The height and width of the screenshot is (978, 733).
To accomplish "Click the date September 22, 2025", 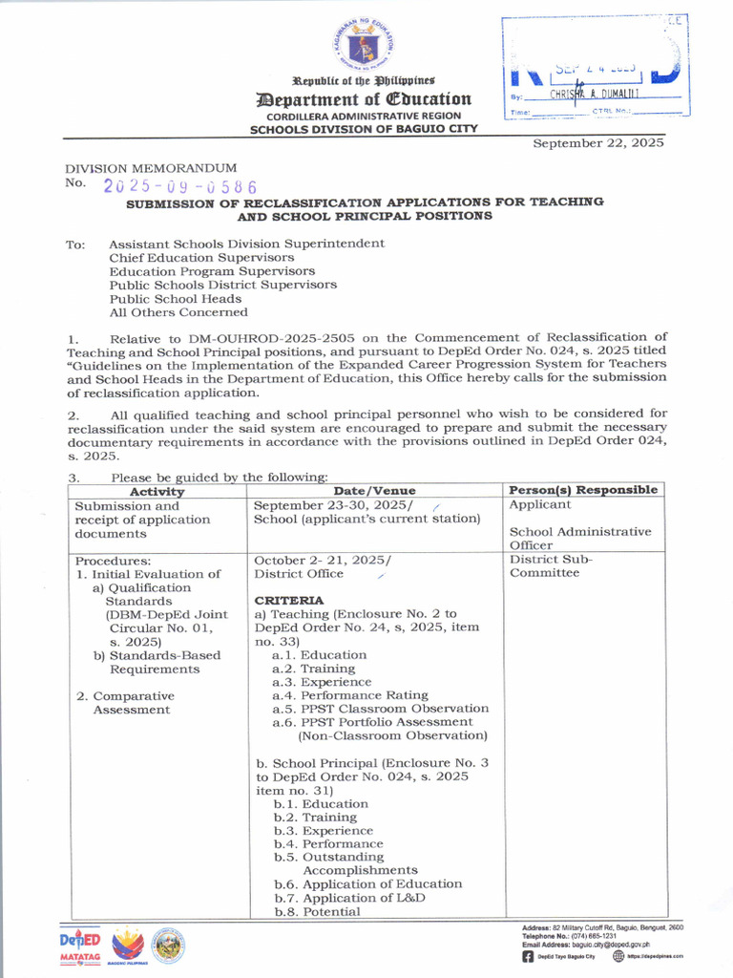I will click(597, 142).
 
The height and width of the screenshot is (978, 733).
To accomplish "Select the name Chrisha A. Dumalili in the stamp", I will click(594, 96).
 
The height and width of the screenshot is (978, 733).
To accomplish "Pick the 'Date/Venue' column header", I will click(375, 491).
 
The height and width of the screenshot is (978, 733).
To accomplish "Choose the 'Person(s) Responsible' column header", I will click(584, 490).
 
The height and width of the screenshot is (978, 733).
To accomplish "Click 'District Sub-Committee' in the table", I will click(552, 566).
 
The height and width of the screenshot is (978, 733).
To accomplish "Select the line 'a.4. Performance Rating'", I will click(350, 695).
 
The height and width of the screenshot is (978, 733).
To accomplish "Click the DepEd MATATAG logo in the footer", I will click(80, 946).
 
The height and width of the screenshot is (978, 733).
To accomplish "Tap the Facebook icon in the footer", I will click(528, 956).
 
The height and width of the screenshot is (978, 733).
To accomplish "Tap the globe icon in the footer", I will click(618, 956).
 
